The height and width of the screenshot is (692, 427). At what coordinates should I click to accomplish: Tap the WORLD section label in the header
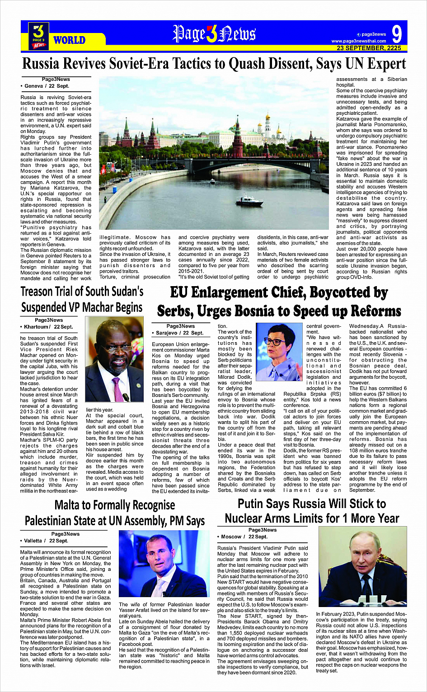pos(69,40)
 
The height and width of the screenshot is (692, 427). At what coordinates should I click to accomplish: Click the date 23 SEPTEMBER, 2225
pos(369,48)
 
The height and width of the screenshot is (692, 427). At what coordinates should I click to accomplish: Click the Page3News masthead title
pos(214,34)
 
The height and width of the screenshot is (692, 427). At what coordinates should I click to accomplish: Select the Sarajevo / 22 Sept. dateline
pos(179,333)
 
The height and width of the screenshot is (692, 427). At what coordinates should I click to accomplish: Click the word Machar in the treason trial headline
pos(92,308)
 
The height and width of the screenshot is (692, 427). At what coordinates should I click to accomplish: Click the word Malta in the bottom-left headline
pos(70,505)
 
